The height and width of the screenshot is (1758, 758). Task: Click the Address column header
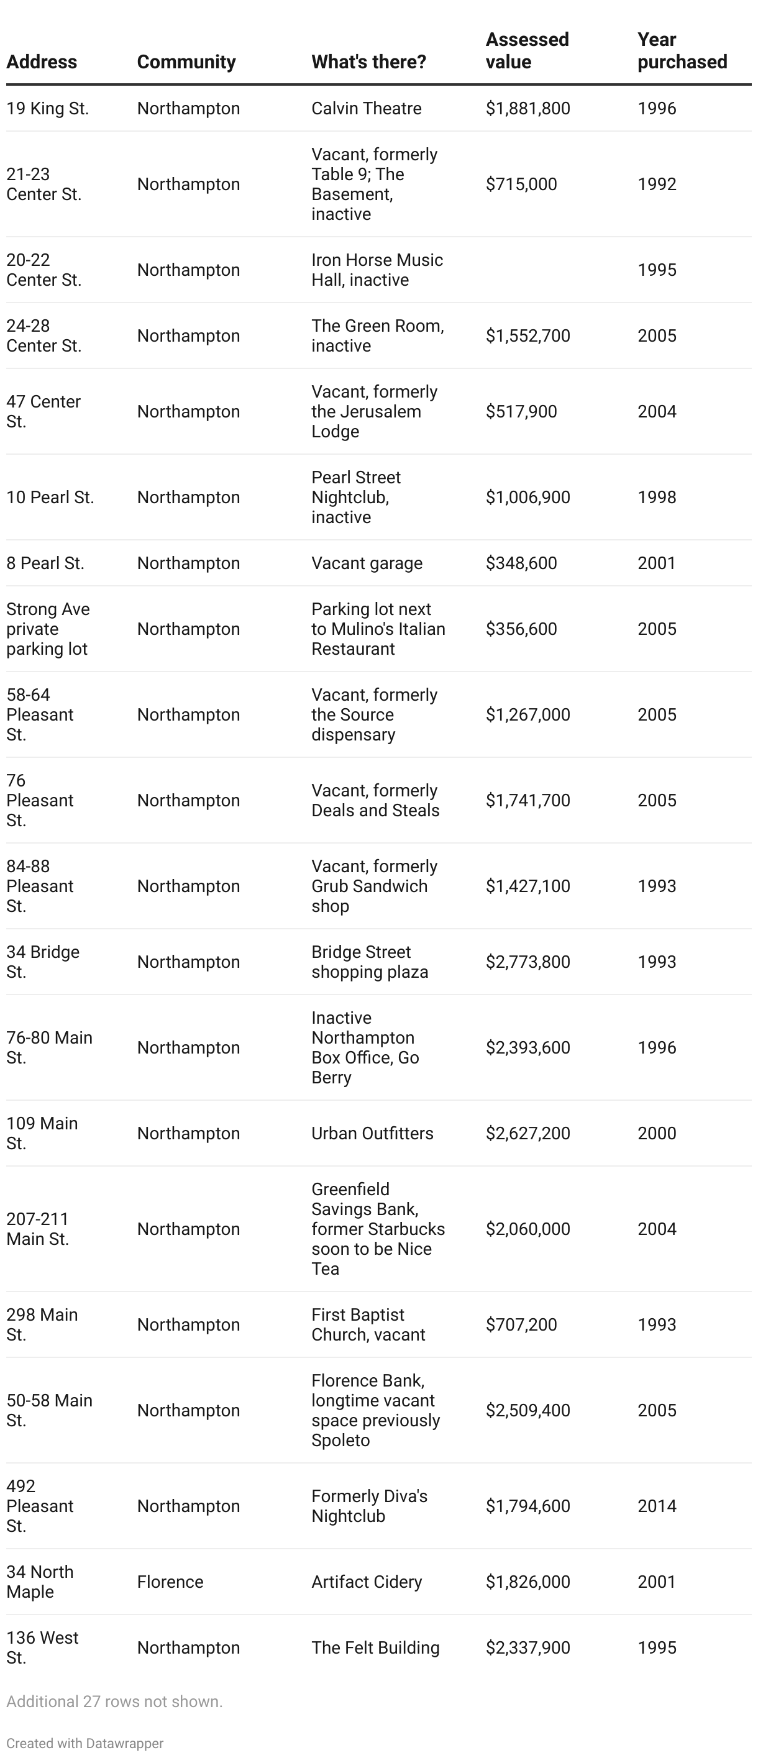click(x=42, y=62)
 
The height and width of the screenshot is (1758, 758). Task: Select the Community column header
click(x=186, y=62)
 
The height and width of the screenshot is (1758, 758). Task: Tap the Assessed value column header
click(x=527, y=50)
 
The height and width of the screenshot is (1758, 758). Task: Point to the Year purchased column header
click(x=682, y=50)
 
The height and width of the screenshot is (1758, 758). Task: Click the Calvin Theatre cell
click(x=367, y=109)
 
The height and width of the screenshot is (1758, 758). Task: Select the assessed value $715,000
click(x=521, y=184)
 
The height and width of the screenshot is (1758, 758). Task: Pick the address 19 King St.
click(x=47, y=109)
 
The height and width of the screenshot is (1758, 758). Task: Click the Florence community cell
click(x=170, y=1582)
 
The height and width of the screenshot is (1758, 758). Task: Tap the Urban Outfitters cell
click(x=372, y=1133)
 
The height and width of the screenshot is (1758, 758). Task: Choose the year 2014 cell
click(x=656, y=1506)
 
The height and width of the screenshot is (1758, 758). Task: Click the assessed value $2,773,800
click(x=527, y=962)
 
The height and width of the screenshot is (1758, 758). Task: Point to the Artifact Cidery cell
click(x=367, y=1582)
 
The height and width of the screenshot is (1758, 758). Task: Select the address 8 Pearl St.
click(x=45, y=563)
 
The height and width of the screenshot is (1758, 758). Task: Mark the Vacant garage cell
click(x=367, y=563)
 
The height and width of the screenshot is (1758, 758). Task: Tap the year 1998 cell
click(x=656, y=497)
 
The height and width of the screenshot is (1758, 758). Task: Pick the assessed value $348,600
click(x=521, y=563)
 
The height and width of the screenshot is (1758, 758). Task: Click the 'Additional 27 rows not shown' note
click(x=114, y=1701)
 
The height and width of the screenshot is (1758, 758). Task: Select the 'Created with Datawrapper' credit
click(x=84, y=1743)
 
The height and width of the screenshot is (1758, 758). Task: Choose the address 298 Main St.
click(x=42, y=1324)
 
